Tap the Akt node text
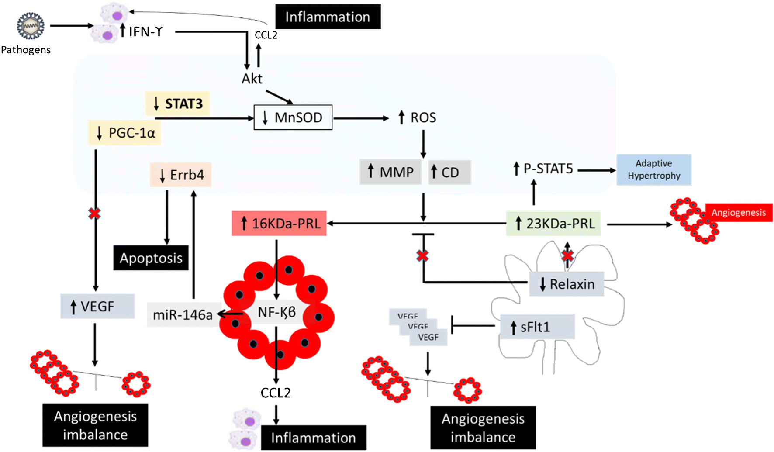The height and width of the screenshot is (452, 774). coord(252,79)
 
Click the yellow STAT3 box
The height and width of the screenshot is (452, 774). coord(177,104)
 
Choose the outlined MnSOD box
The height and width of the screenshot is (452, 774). coord(293,117)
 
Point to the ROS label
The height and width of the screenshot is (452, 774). coord(417,117)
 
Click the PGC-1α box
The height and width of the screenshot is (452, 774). coord(124,133)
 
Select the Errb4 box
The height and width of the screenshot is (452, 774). coord(181,175)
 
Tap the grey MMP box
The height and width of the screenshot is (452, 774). coord(390,172)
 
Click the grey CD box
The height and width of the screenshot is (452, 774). coord(449,172)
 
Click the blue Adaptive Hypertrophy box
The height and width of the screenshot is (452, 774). coord(653,169)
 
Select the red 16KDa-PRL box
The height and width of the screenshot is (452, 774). coord(279,224)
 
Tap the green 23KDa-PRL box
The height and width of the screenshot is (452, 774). coord(553,224)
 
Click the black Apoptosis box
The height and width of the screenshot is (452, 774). coord(151,258)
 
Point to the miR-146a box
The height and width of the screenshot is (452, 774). coord(182,314)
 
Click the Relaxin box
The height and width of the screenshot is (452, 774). coord(567,284)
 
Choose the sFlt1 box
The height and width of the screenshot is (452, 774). coord(537,327)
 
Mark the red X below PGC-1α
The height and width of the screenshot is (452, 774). coord(95,214)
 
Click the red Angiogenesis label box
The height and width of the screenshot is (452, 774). coord(738,213)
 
